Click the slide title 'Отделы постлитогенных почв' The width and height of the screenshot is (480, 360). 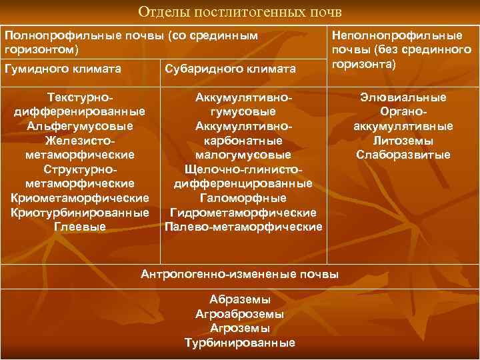pyautogui.click(x=239, y=13)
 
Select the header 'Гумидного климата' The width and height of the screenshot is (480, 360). pyautogui.click(x=63, y=69)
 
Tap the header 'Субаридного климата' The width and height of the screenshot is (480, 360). pyautogui.click(x=229, y=69)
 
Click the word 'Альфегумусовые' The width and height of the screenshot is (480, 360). pyautogui.click(x=80, y=126)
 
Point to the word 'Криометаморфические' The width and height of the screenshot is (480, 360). pyautogui.click(x=80, y=198)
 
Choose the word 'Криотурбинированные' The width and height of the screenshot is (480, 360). pyautogui.click(x=80, y=213)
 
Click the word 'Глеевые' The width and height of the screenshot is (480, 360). pyautogui.click(x=80, y=227)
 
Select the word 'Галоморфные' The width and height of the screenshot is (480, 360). pyautogui.click(x=243, y=198)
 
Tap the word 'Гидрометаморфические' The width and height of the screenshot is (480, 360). pyautogui.click(x=243, y=213)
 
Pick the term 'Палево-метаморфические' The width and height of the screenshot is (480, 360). pyautogui.click(x=243, y=227)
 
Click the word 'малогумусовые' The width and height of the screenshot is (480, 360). pyautogui.click(x=243, y=155)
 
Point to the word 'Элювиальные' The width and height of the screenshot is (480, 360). pyautogui.click(x=403, y=97)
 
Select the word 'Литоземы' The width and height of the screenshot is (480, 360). pyautogui.click(x=403, y=141)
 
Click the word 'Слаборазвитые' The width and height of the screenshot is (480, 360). pyautogui.click(x=403, y=155)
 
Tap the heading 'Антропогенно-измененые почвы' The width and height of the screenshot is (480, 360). pyautogui.click(x=239, y=274)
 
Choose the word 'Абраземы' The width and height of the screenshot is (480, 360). pyautogui.click(x=239, y=299)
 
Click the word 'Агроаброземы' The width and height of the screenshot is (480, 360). pyautogui.click(x=239, y=314)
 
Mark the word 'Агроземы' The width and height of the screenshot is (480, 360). pyautogui.click(x=239, y=328)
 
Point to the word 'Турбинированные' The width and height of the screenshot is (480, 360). pyautogui.click(x=239, y=343)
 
